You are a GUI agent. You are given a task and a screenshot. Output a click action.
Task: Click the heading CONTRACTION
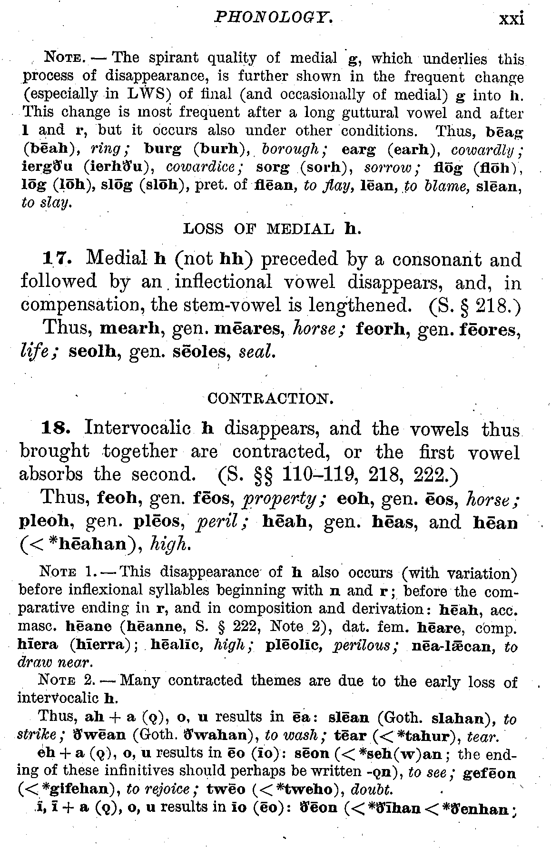pos(270,398)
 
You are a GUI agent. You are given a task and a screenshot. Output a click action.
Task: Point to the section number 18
pos(57,429)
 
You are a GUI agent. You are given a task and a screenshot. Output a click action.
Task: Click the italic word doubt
pos(371,790)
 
